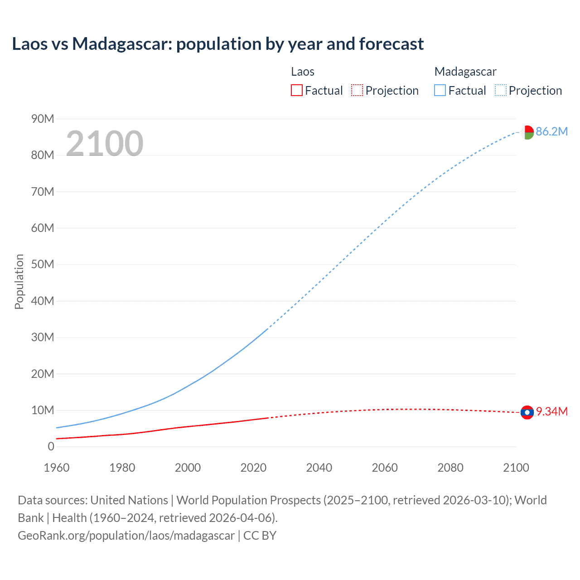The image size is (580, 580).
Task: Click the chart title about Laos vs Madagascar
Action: [x=217, y=44]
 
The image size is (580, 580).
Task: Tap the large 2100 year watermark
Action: [x=105, y=144]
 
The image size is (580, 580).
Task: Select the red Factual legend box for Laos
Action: [x=296, y=91]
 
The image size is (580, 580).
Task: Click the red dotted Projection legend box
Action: [x=357, y=91]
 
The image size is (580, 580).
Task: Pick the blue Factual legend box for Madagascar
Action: [x=440, y=91]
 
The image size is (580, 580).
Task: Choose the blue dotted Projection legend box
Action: [x=501, y=91]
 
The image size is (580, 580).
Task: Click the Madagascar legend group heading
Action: [x=465, y=72]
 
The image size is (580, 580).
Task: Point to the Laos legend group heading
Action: [x=303, y=72]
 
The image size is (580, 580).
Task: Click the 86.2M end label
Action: [x=551, y=132]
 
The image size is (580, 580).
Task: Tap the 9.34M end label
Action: [x=551, y=411]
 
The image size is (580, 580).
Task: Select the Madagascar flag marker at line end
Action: [x=527, y=132]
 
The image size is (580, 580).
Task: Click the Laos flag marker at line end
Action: [x=527, y=412]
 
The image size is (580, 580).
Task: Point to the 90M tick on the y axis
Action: [x=43, y=119]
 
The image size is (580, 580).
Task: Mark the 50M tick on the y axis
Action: [x=43, y=264]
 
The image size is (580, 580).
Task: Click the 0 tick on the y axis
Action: [x=51, y=446]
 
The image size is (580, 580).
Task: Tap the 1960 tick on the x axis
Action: [x=57, y=468]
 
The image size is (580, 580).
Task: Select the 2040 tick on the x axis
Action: [x=319, y=468]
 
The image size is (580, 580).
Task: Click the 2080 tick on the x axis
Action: [x=450, y=468]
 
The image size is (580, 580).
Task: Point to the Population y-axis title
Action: [x=19, y=281]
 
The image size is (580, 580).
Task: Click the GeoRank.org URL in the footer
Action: [x=126, y=536]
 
